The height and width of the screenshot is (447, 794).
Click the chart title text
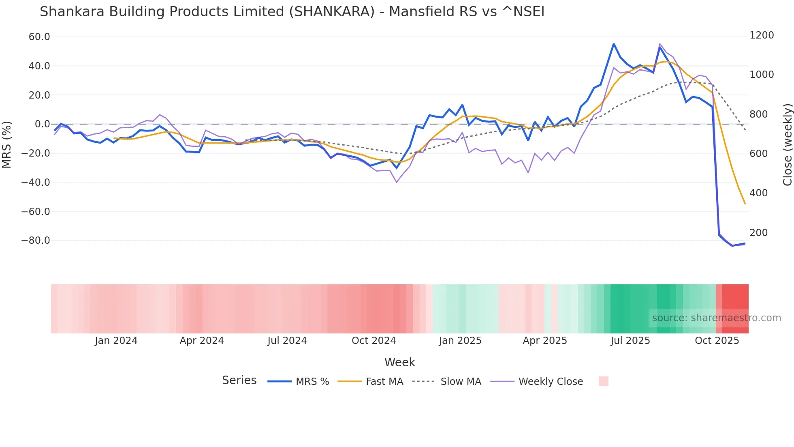(292, 12)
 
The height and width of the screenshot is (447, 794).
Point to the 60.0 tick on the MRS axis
(39, 37)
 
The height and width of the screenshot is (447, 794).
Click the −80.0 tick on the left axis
(36, 241)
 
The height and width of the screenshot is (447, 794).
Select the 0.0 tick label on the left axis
(42, 124)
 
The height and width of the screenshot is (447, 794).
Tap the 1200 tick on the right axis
(762, 35)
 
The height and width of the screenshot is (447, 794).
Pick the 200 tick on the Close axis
(759, 233)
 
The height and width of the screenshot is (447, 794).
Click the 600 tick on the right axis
(759, 154)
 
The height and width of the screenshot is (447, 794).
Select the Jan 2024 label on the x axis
(116, 341)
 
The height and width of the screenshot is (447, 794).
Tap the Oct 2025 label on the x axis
(717, 341)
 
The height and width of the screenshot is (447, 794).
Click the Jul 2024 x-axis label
(287, 341)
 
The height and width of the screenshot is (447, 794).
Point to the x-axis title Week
(399, 362)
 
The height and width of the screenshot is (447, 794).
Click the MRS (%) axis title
(7, 144)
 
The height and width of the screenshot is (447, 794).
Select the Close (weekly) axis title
(787, 145)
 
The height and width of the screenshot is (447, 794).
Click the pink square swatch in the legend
(603, 381)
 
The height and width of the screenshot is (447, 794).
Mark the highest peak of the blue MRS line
(614, 44)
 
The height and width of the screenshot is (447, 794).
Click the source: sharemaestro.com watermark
(716, 318)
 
